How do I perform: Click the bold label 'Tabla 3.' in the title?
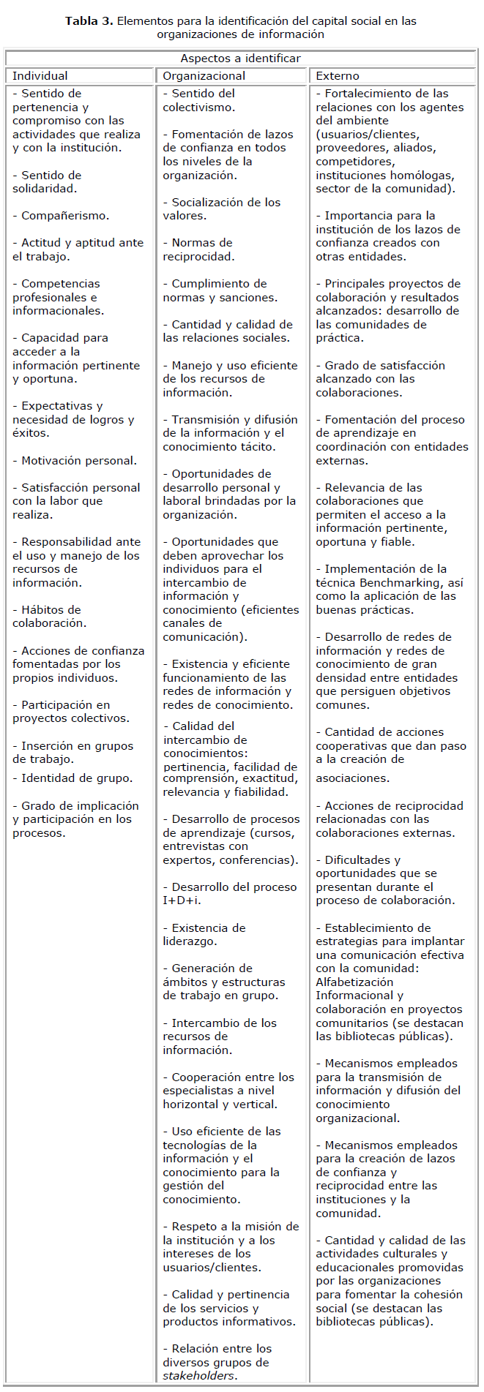89,20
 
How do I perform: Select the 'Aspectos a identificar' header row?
240,59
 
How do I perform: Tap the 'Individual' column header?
40,76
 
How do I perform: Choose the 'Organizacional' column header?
204,76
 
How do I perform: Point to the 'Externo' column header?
338,76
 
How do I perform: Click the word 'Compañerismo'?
65,216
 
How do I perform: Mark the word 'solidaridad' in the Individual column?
45,189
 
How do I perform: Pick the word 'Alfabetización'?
354,982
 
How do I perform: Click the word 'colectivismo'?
198,108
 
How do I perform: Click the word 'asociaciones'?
352,778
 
